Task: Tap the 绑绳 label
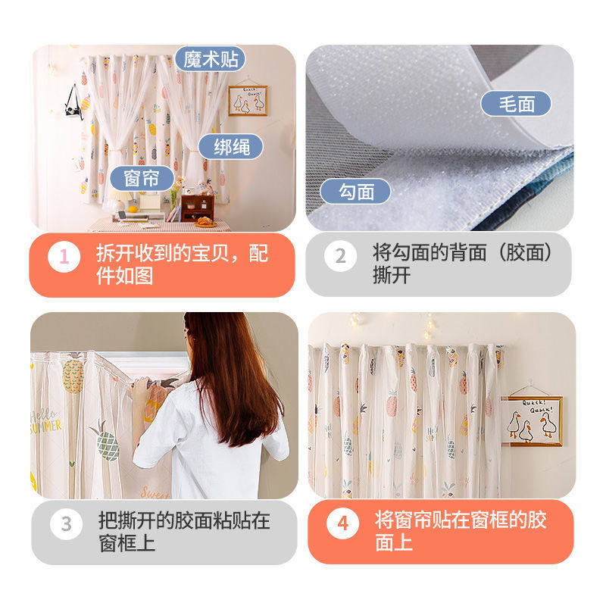(x=230, y=146)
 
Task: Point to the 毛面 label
(x=516, y=104)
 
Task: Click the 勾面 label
(x=356, y=191)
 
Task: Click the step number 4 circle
(x=342, y=523)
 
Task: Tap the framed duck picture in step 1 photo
(x=248, y=100)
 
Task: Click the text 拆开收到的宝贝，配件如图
(x=182, y=264)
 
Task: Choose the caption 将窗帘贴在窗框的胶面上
(x=460, y=532)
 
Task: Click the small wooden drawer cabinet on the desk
(x=196, y=206)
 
